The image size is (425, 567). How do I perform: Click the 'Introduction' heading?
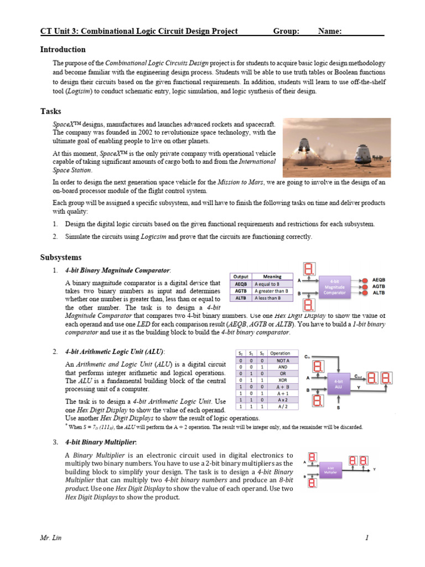click(x=63, y=50)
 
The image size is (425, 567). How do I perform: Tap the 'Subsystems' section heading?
click(x=61, y=257)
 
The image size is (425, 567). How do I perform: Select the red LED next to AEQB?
click(x=364, y=280)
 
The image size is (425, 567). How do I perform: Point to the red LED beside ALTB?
click(x=364, y=293)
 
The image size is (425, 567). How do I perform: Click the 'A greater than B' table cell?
click(x=271, y=291)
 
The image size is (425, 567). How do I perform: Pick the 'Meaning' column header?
click(x=272, y=276)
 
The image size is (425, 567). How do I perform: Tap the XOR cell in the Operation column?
click(x=283, y=381)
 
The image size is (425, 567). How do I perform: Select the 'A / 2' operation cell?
click(x=283, y=406)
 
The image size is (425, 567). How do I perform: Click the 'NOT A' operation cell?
click(x=283, y=360)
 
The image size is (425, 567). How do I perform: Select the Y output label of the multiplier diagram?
click(x=375, y=469)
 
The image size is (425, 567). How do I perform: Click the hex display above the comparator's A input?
click(x=310, y=269)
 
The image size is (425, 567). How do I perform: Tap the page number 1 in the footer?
click(x=367, y=538)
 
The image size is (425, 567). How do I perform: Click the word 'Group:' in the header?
click(x=286, y=32)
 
